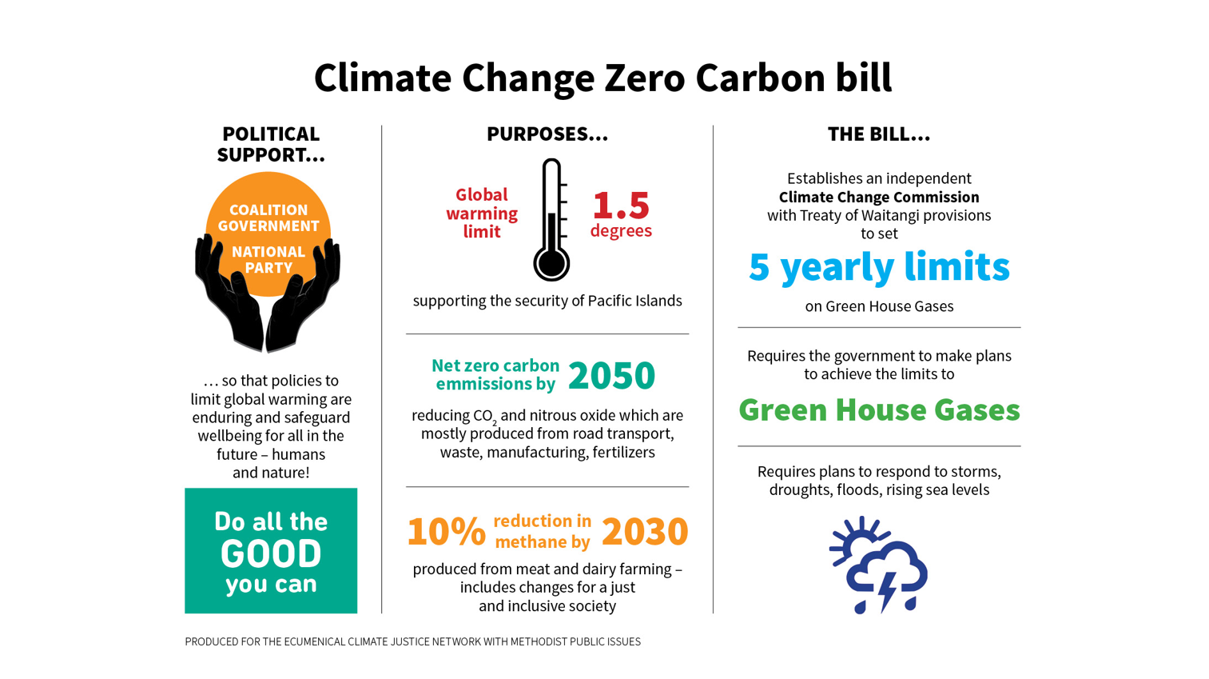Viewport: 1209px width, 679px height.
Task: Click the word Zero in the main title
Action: click(644, 78)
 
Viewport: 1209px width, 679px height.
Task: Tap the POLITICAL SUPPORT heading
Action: click(271, 144)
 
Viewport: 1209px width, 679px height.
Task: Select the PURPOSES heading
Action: click(547, 134)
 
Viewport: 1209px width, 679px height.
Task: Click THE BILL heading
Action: click(878, 134)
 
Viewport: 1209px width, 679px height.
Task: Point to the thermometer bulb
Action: click(551, 263)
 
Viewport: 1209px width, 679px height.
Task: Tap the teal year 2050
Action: click(611, 375)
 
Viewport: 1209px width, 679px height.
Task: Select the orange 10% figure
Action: click(446, 532)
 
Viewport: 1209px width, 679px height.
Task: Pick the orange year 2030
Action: click(644, 532)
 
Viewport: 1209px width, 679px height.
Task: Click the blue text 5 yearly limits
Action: click(879, 267)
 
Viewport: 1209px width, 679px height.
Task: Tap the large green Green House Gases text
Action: click(879, 410)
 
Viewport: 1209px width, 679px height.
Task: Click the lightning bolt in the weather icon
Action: click(887, 590)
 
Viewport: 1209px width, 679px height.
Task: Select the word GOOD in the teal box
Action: click(271, 553)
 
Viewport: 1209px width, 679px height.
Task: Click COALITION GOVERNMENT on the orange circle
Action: click(268, 218)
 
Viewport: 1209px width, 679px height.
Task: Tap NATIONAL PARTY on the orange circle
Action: click(268, 259)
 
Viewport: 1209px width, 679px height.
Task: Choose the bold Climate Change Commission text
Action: click(879, 197)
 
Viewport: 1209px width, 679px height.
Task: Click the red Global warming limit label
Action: click(482, 214)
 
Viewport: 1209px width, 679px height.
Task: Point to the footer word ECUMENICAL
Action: click(314, 641)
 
